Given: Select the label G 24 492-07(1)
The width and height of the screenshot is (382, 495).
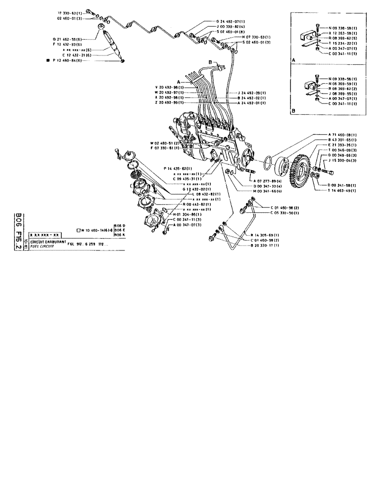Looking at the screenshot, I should (230, 21).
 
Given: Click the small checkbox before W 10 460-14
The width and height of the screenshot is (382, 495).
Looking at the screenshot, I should (79, 230).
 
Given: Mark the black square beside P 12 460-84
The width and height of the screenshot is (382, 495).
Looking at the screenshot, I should (47, 60).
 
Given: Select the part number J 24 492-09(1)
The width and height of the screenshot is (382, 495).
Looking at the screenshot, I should (251, 93).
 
